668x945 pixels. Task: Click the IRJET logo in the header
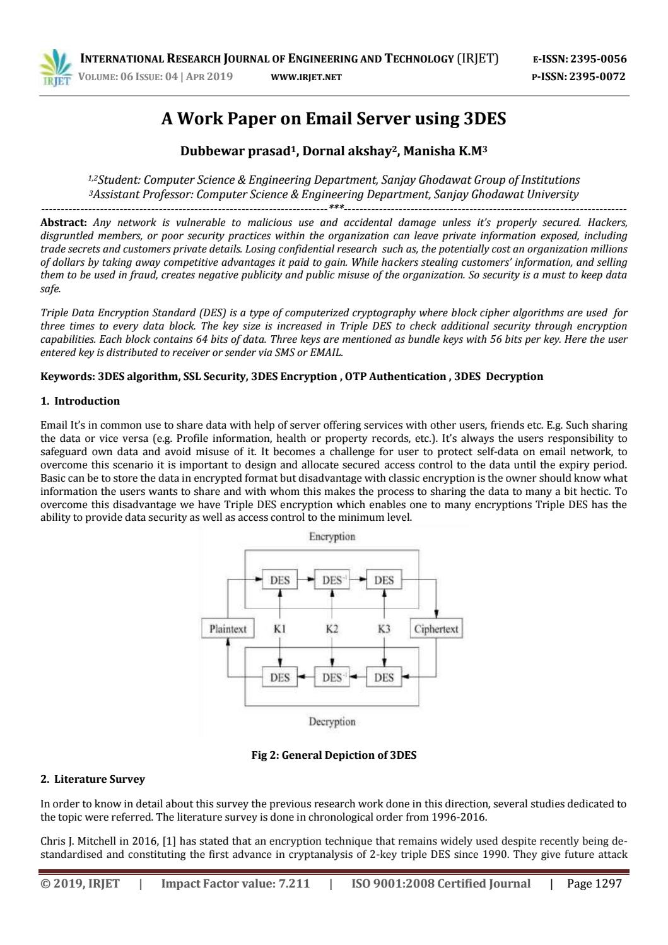(56, 68)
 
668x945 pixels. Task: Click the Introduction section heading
(86, 401)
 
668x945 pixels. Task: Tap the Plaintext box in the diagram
(228, 629)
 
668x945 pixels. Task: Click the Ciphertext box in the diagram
(436, 629)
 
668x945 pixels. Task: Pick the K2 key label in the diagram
(332, 629)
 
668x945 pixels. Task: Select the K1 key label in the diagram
(280, 629)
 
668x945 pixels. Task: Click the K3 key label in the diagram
(384, 629)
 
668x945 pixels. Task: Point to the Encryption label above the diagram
(332, 537)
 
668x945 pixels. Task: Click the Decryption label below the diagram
(332, 722)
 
